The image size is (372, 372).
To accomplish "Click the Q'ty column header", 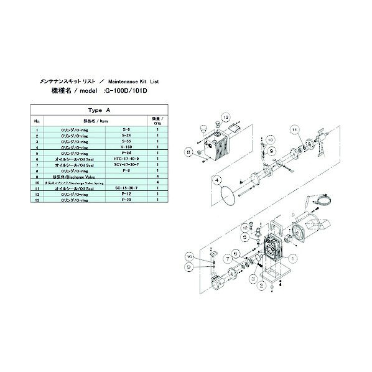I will (x=157, y=121).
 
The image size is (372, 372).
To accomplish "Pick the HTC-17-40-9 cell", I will (x=130, y=159).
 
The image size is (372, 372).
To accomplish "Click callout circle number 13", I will (x=226, y=117).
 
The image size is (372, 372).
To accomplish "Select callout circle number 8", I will (x=188, y=151).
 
